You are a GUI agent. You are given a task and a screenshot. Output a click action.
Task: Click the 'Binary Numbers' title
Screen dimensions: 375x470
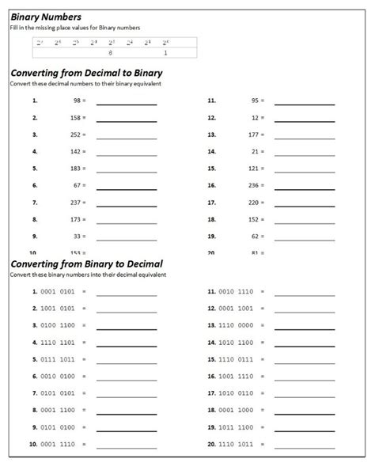click(46, 17)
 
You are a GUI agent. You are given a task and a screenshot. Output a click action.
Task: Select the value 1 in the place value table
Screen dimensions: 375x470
click(165, 53)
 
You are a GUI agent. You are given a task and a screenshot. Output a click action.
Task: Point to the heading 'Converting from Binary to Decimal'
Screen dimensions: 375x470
click(86, 263)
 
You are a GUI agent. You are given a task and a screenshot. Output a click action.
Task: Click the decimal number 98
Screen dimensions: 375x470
click(78, 101)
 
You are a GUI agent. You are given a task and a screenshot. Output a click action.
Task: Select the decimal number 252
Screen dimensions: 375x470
click(76, 135)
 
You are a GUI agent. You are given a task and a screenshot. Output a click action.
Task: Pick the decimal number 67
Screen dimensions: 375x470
click(78, 185)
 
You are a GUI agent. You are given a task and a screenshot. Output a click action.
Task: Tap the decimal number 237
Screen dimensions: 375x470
click(76, 202)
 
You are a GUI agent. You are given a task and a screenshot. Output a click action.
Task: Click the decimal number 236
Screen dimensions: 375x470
click(254, 185)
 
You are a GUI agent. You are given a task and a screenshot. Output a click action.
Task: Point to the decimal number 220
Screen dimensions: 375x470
click(254, 202)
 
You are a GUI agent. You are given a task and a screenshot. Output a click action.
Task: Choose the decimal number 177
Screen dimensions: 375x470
click(254, 135)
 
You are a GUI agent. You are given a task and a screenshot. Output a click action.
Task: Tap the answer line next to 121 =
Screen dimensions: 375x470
click(304, 172)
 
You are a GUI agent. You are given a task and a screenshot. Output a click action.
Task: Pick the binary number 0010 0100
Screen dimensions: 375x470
click(57, 376)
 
